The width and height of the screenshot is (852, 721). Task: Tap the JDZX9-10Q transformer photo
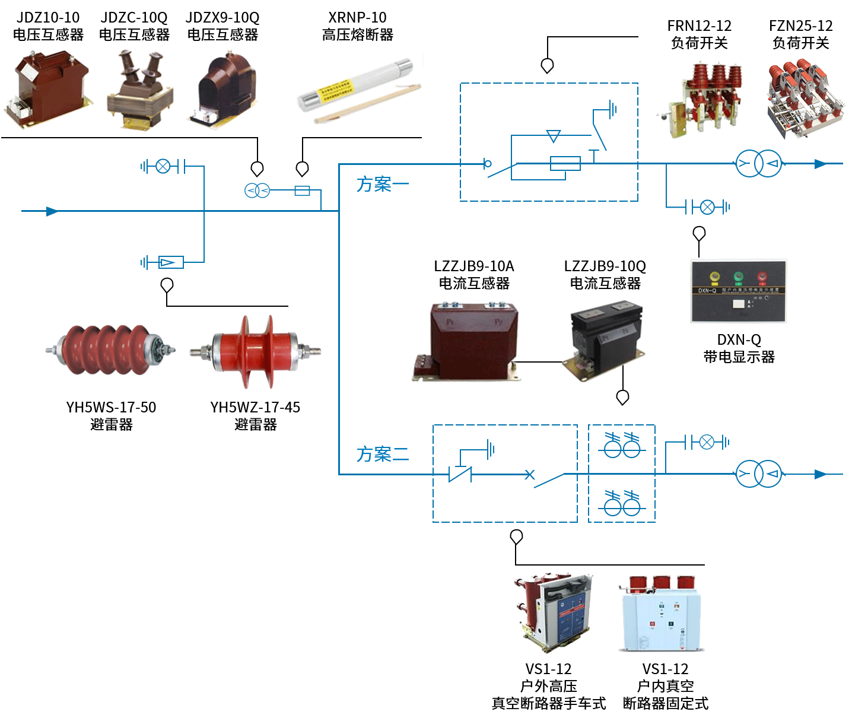[x=224, y=90]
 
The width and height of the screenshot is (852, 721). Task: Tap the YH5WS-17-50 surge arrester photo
[x=111, y=350]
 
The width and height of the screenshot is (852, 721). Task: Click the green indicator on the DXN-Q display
[x=738, y=277]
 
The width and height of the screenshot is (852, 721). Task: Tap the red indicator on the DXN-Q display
[x=762, y=277]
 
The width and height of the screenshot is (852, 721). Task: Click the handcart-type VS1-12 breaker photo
[x=553, y=611]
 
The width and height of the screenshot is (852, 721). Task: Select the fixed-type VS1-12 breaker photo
[x=661, y=614]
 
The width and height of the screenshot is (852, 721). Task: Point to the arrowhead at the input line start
[x=52, y=211]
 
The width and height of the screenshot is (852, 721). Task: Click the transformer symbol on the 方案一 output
[x=759, y=164]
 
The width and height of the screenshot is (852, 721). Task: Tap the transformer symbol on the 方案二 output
[x=759, y=474]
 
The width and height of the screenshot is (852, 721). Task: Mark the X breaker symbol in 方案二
[x=529, y=474]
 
